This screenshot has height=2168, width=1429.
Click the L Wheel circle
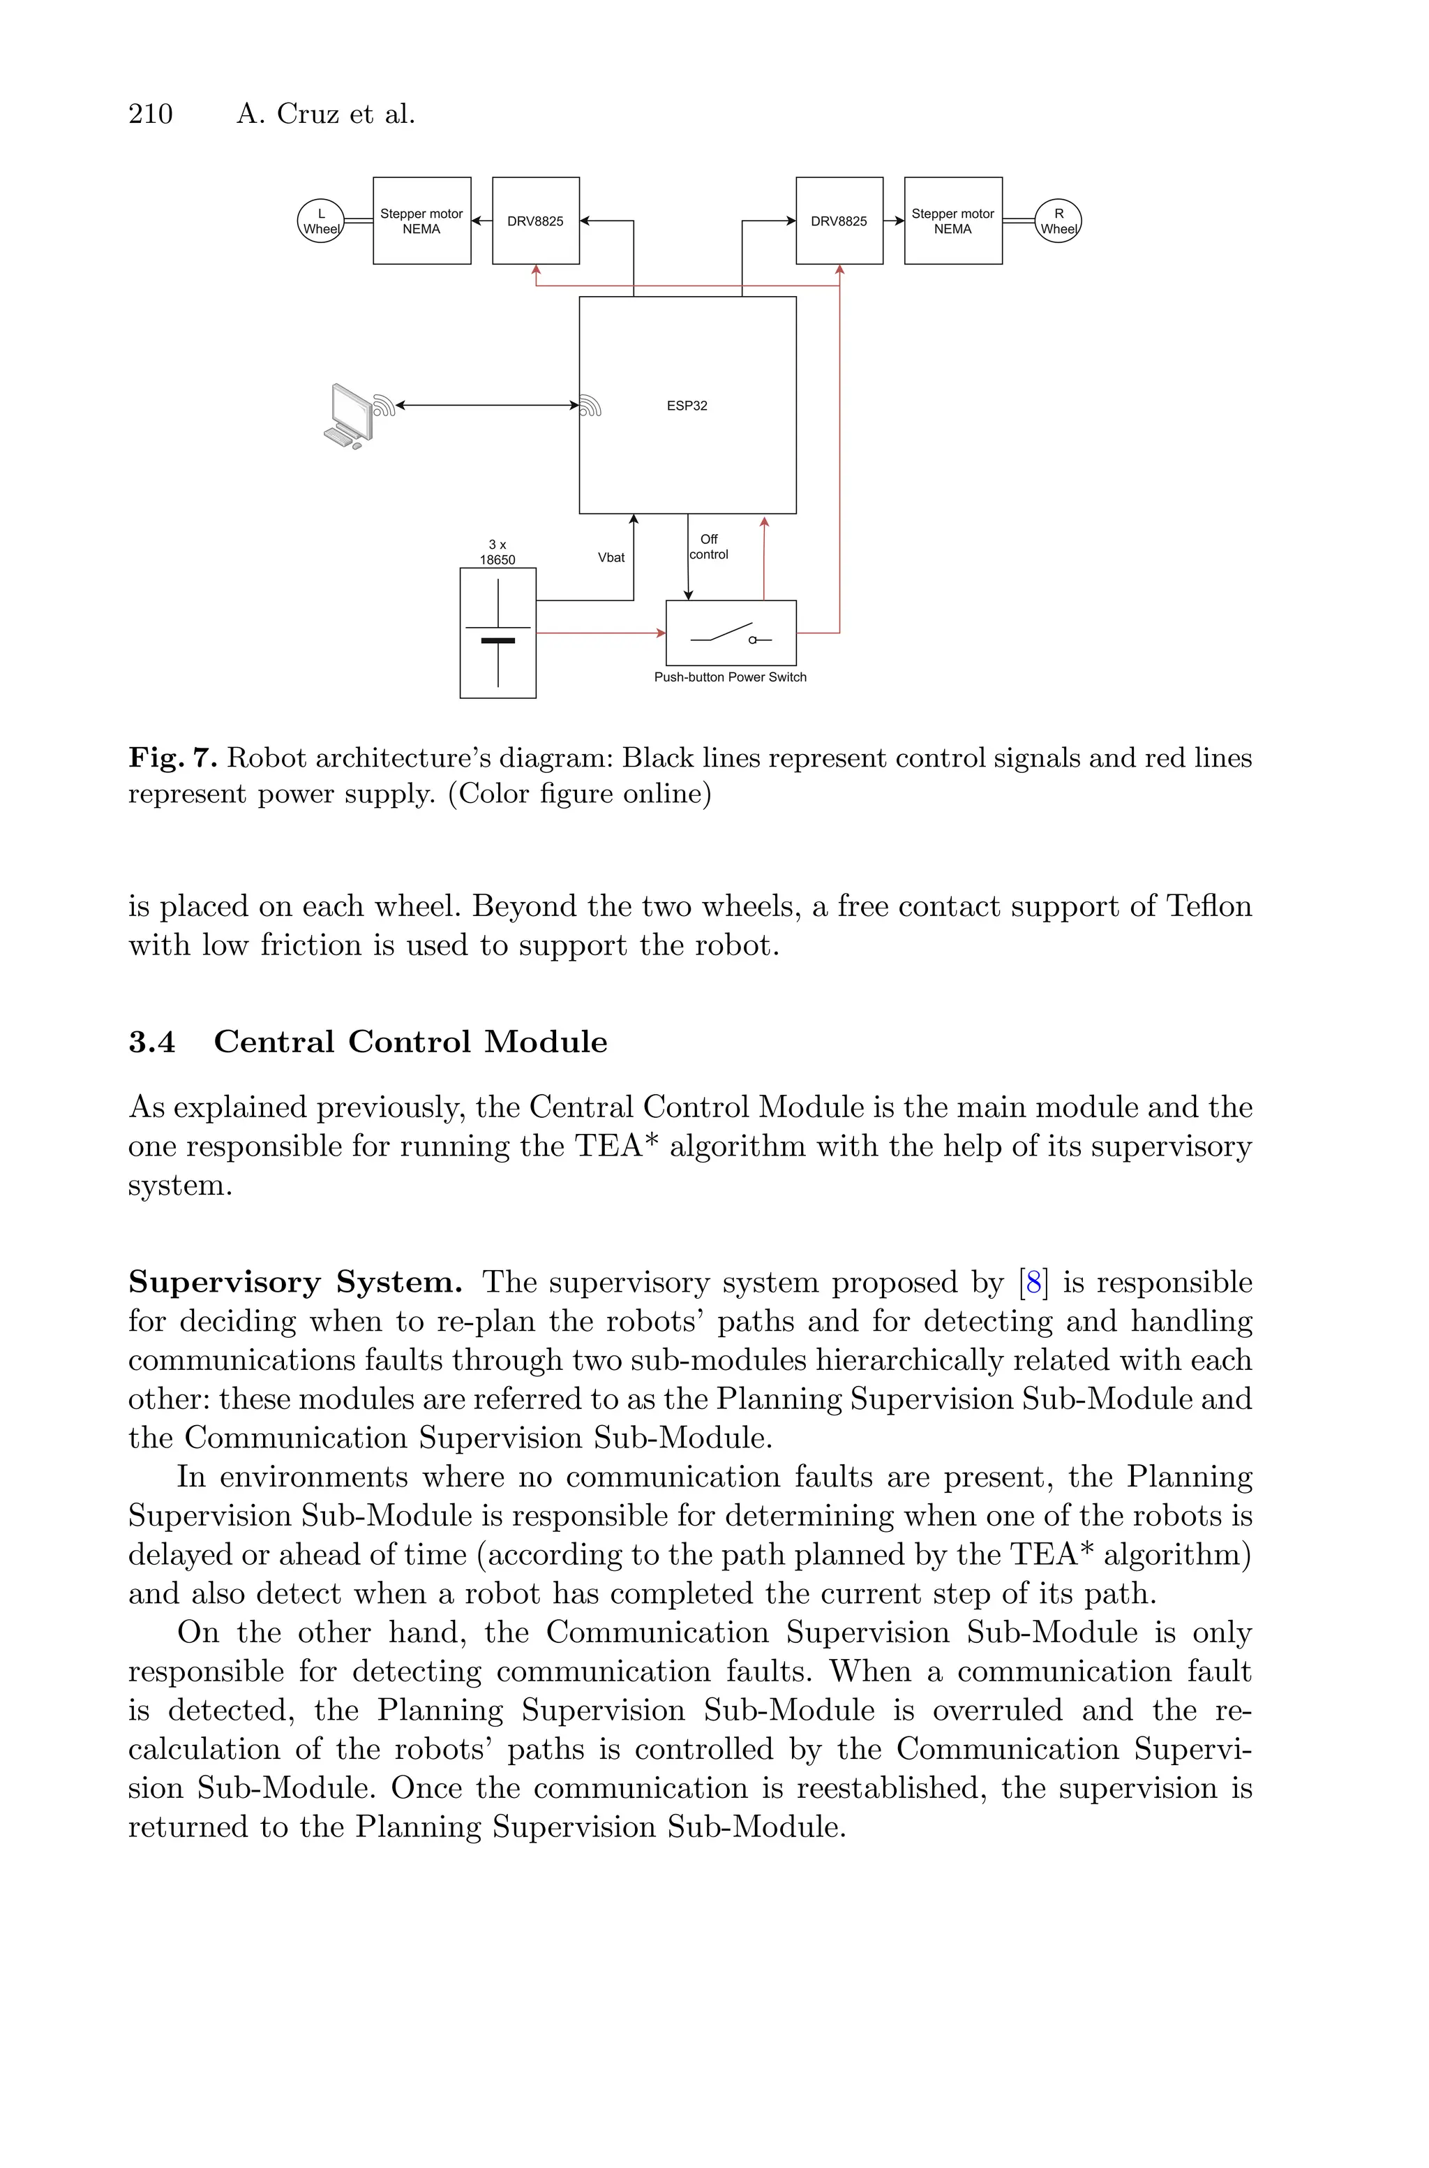click(x=321, y=221)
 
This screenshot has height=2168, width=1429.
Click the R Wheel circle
click(x=1058, y=221)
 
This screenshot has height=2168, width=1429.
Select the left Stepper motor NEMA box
click(x=422, y=221)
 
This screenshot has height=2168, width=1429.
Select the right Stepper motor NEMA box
click(x=952, y=221)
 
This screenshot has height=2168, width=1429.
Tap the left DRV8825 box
click(x=536, y=221)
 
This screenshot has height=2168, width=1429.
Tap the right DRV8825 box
click(x=839, y=221)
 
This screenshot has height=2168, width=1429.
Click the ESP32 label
click(x=687, y=406)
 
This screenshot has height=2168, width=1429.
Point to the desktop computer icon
click(x=349, y=415)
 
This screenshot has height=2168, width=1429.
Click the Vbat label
click(x=611, y=557)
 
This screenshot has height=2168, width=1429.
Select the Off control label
click(x=709, y=547)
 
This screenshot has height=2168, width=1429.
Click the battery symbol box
click(x=497, y=633)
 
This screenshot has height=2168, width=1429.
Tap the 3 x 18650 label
click(x=497, y=552)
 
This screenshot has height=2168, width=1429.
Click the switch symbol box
click(x=731, y=633)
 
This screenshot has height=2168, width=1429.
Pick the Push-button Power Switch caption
click(x=730, y=677)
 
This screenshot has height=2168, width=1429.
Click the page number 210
click(x=151, y=114)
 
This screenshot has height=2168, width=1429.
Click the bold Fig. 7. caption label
click(x=172, y=758)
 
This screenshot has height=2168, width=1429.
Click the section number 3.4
click(x=151, y=1041)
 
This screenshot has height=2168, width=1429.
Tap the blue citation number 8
click(x=1033, y=1282)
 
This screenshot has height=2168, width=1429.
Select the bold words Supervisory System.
click(x=295, y=1282)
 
